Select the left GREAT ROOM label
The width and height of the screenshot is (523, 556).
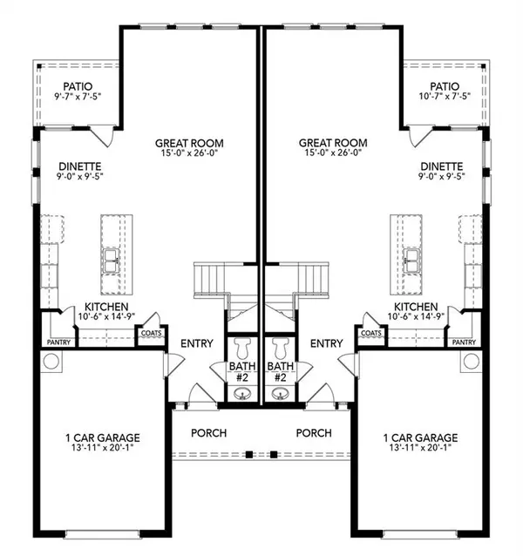(189, 144)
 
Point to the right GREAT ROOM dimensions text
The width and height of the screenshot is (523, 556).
(333, 155)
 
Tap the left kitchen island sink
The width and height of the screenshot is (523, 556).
(111, 258)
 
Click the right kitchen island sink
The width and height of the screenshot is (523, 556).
(412, 258)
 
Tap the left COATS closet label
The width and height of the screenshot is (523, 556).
(151, 333)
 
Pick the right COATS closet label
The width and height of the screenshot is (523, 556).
(371, 333)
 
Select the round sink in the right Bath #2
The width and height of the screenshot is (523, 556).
(281, 394)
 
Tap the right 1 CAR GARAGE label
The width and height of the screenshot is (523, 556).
(422, 437)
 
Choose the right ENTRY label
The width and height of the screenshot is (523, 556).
(327, 343)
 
